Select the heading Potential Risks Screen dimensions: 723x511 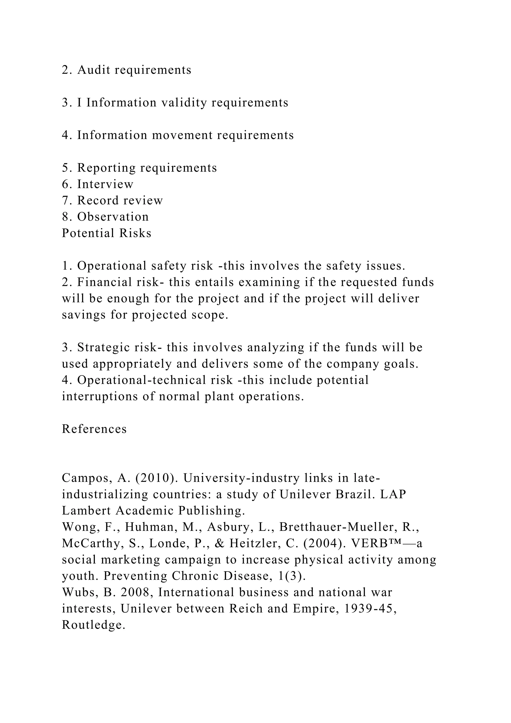tap(106, 233)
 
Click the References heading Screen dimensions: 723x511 tap(94, 429)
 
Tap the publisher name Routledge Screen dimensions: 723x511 tap(94, 625)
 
